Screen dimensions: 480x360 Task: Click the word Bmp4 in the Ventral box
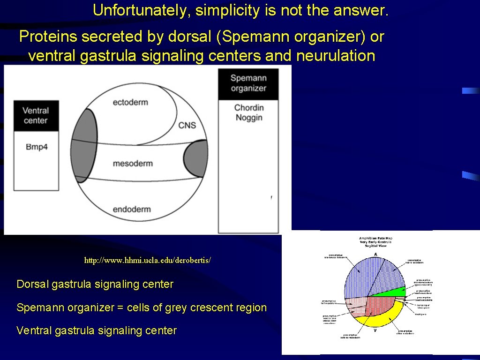coord(37,147)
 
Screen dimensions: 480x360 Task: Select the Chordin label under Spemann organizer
coord(249,108)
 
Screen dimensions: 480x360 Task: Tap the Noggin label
coord(249,118)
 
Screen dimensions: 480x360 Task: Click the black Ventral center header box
coord(36,115)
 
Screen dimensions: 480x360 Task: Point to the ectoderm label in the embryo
coord(130,102)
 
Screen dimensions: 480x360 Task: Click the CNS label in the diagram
coord(187,125)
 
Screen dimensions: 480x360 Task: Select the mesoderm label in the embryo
coord(133,164)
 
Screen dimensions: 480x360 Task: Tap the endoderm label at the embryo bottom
coord(132,209)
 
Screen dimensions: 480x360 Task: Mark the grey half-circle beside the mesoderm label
coord(197,158)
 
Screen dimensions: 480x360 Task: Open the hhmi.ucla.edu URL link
coord(148,260)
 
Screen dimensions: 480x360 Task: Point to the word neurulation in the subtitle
coord(336,56)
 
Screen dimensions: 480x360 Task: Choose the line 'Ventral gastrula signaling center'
coord(97,331)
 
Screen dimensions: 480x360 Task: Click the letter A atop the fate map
coord(375,254)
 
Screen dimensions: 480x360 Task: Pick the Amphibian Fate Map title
coord(375,239)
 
